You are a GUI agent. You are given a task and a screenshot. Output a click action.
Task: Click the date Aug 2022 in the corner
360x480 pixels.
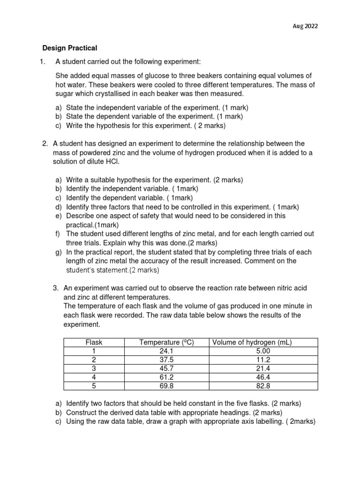[x=305, y=26]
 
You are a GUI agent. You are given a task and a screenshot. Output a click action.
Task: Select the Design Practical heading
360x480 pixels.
[x=69, y=47]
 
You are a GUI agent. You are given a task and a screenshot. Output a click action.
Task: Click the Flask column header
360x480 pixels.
[x=95, y=343]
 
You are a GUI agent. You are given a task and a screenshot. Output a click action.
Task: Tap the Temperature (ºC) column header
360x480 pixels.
[x=166, y=343]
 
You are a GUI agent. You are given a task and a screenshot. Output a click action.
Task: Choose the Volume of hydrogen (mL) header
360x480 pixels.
[x=252, y=343]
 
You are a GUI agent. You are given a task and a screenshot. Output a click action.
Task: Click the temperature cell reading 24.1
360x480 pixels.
[x=168, y=351]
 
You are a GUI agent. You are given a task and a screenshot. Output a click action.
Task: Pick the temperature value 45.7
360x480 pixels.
[x=168, y=368]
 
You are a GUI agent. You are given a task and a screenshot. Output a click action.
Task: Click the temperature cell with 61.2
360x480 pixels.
[x=168, y=377]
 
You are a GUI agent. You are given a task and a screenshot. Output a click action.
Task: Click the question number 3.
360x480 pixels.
[x=55, y=287]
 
